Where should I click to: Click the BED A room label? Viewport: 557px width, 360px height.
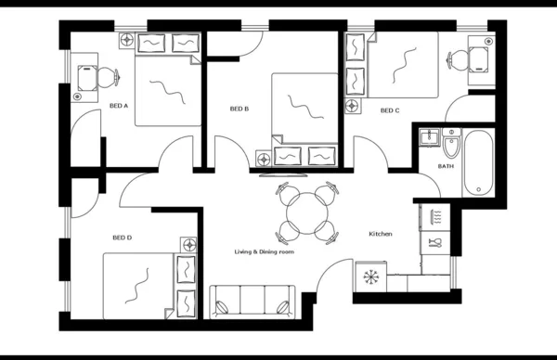tap(119, 106)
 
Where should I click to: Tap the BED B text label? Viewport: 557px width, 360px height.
tap(240, 109)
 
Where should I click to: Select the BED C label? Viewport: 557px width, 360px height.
tap(390, 110)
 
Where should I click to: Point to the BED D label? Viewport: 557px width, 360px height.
tap(122, 238)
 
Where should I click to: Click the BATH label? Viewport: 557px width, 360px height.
tap(447, 166)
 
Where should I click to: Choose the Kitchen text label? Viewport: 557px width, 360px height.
tap(381, 233)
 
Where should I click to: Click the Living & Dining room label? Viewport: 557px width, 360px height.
tap(264, 251)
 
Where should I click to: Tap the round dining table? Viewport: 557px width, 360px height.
tap(306, 213)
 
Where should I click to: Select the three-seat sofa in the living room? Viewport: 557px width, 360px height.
tap(252, 301)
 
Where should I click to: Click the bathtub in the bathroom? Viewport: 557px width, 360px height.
tap(479, 163)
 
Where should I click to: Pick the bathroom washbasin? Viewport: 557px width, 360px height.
tap(429, 139)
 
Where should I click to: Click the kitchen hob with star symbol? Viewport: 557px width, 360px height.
tap(370, 276)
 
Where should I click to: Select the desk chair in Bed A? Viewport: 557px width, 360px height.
tap(107, 76)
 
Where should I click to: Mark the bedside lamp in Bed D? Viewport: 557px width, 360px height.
tap(190, 246)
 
